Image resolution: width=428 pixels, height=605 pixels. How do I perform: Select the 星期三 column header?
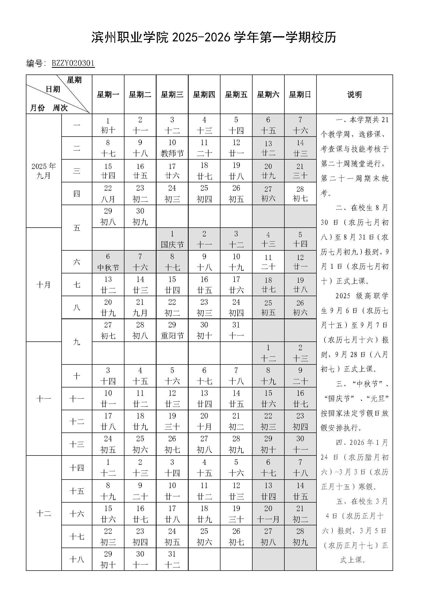pyautogui.click(x=172, y=94)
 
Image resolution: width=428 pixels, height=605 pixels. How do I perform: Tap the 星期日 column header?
pyautogui.click(x=300, y=94)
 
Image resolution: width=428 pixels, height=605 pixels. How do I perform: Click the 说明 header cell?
pyautogui.click(x=354, y=94)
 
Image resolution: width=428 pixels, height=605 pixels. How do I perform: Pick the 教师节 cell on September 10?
pyautogui.click(x=172, y=148)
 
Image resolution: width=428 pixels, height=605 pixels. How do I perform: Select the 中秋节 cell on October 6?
pyautogui.click(x=108, y=262)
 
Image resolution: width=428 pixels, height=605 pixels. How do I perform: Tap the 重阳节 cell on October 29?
pyautogui.click(x=172, y=330)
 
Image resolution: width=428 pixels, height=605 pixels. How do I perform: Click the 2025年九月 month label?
pyautogui.click(x=44, y=171)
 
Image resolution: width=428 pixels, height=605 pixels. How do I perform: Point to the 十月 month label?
pyautogui.click(x=44, y=285)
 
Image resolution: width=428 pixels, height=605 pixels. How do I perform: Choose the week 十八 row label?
pyautogui.click(x=77, y=559)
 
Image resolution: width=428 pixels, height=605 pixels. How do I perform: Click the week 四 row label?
pyautogui.click(x=77, y=194)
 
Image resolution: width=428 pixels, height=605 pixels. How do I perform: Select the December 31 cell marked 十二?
pyautogui.click(x=172, y=559)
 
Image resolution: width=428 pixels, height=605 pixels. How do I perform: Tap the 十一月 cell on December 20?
pyautogui.click(x=268, y=514)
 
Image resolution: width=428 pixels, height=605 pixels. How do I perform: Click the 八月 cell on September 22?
pyautogui.click(x=108, y=194)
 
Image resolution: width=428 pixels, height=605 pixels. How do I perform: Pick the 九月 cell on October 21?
pyautogui.click(x=140, y=308)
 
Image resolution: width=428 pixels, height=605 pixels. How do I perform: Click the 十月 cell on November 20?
pyautogui.click(x=204, y=421)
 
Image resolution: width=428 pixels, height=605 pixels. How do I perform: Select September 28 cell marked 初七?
pyautogui.click(x=300, y=194)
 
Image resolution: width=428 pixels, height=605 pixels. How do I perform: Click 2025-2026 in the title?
pyautogui.click(x=202, y=38)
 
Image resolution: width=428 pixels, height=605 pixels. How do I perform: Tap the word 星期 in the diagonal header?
pyautogui.click(x=74, y=80)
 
